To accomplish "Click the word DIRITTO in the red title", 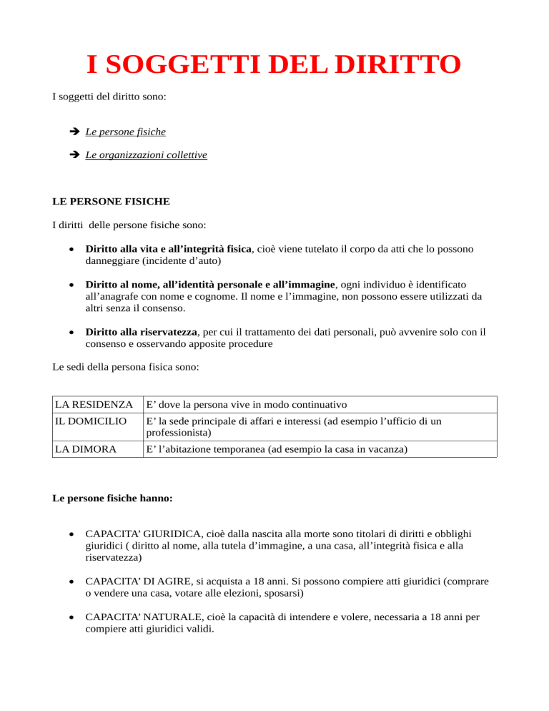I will (x=398, y=65).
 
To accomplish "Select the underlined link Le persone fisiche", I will (x=126, y=132).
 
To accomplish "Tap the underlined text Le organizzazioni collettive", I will (x=146, y=154).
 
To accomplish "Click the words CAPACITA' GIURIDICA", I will (x=141, y=534).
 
